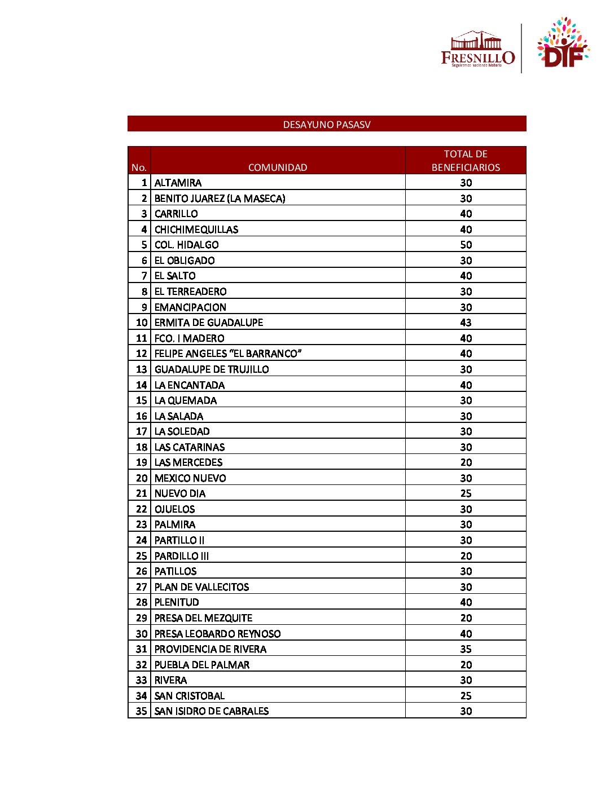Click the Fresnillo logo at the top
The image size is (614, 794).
click(x=477, y=50)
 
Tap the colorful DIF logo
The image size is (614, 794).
click(x=563, y=43)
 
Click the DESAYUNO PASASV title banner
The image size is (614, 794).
click(x=327, y=124)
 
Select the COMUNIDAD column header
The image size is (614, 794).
click(x=278, y=167)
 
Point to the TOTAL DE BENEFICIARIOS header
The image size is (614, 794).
click(x=466, y=161)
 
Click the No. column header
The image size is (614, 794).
click(x=139, y=167)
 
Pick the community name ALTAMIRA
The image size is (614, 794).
click(x=178, y=183)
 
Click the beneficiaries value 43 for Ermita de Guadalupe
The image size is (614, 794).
click(x=466, y=323)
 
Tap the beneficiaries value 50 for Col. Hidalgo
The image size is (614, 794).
click(x=466, y=245)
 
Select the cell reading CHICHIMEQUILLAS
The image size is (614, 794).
click(x=196, y=230)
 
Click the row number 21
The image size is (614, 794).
click(x=141, y=493)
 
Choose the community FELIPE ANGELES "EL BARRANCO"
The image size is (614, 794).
click(x=228, y=354)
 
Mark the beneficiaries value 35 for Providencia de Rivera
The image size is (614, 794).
click(x=466, y=649)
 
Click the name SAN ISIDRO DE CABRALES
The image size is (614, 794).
click(x=212, y=711)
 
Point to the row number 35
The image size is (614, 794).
click(x=141, y=711)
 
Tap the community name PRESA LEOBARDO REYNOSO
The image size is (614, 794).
click(x=217, y=634)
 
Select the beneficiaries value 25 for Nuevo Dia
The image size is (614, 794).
click(x=466, y=493)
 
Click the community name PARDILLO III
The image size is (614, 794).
click(x=182, y=556)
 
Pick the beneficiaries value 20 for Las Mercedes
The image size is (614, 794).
click(x=466, y=462)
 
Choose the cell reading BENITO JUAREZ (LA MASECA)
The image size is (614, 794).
click(x=220, y=198)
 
